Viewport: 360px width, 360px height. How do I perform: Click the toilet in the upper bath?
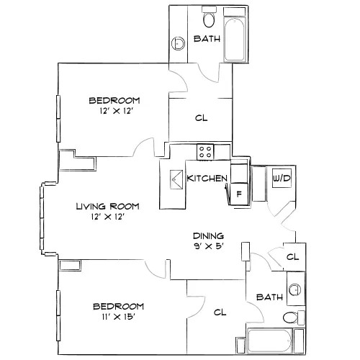209,17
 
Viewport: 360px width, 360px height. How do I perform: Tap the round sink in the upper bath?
179,43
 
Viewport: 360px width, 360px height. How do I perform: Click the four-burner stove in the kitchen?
205,152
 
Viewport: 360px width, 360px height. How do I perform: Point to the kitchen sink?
176,179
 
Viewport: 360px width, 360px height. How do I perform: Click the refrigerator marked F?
239,194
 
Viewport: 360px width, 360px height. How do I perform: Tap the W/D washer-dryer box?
282,178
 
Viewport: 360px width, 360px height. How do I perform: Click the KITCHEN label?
207,179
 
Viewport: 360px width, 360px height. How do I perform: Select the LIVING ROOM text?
107,206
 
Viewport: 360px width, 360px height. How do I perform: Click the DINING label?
209,236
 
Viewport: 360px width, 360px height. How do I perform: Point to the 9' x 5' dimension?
209,246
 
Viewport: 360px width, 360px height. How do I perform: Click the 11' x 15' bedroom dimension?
117,317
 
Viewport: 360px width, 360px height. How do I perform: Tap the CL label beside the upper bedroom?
202,118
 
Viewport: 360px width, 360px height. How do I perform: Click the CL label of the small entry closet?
292,257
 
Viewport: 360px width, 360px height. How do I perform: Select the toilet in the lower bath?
294,318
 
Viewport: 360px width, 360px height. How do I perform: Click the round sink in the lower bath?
294,289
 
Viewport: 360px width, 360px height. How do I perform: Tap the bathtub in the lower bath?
270,341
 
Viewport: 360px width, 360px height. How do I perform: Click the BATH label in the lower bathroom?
269,297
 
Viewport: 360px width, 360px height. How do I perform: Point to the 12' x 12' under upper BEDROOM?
117,111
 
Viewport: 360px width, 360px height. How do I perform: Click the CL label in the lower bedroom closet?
220,312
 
